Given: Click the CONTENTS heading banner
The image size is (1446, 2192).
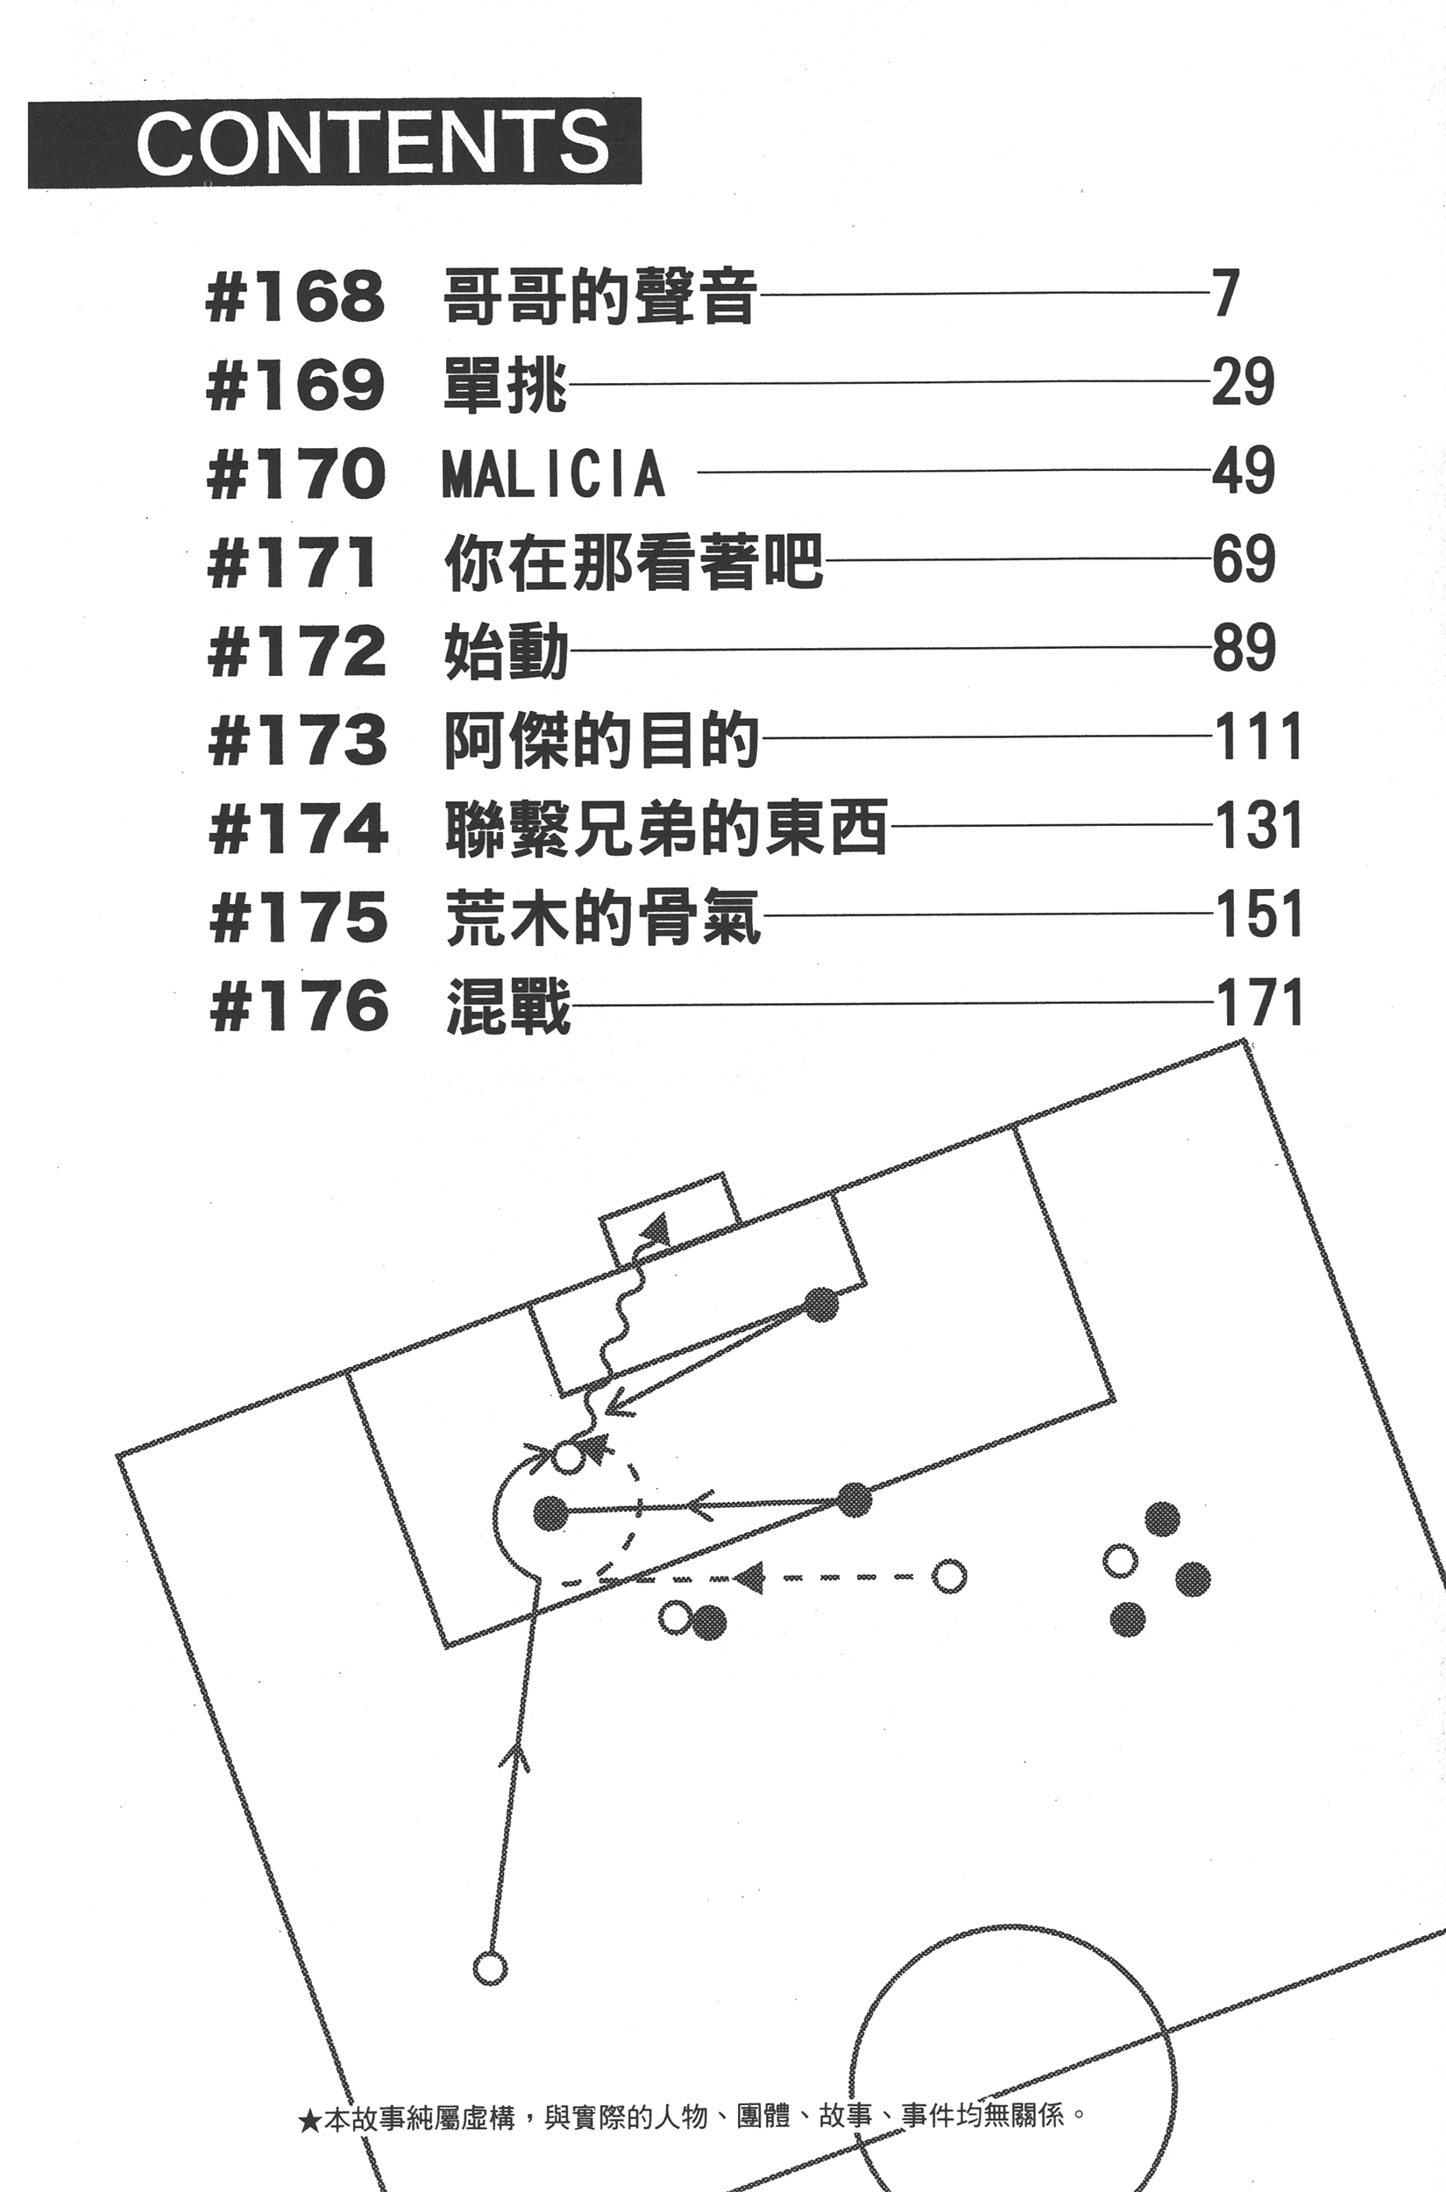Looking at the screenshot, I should (x=334, y=142).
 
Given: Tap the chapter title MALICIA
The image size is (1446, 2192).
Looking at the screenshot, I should (x=553, y=473).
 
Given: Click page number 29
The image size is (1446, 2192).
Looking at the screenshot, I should (x=1242, y=382).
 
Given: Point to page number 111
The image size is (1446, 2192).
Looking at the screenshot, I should (x=1258, y=737).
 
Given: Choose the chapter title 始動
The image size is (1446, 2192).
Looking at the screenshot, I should (x=507, y=651).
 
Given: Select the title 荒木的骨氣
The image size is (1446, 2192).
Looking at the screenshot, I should (x=603, y=917).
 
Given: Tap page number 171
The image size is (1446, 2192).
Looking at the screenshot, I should (x=1258, y=1004).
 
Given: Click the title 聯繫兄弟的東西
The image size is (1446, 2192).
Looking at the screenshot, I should (x=666, y=828).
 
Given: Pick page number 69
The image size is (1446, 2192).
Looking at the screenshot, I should (x=1243, y=559).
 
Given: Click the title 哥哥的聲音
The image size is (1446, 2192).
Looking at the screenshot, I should (x=600, y=297).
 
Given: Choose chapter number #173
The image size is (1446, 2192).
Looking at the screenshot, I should (x=298, y=740).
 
